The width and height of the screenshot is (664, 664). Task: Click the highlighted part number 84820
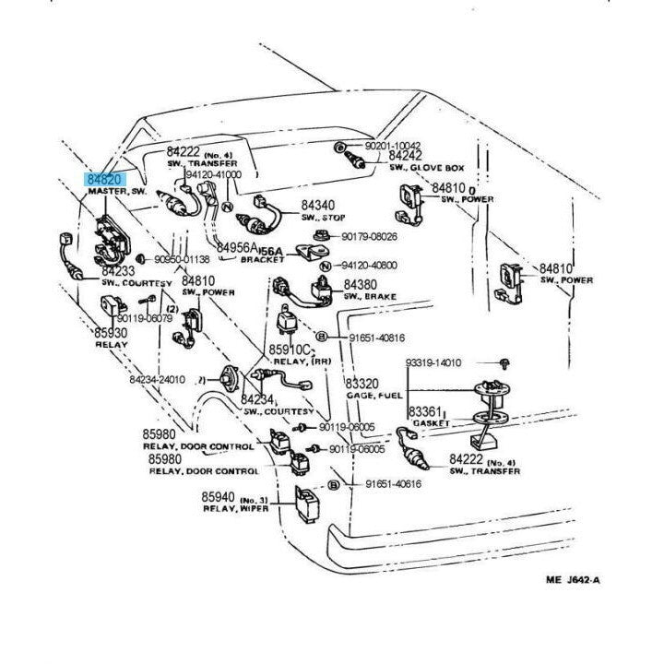coord(104,179)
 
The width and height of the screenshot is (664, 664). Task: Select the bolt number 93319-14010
coord(430,363)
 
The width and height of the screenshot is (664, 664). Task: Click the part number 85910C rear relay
coord(290,350)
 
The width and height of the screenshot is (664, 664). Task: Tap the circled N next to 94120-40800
coord(325,266)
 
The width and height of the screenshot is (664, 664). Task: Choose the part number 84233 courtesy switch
coord(119,272)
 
